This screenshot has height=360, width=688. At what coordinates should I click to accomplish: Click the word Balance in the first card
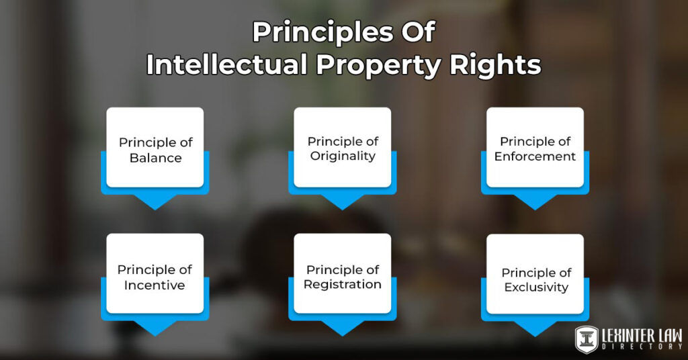155,159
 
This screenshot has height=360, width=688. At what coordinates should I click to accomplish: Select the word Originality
343,156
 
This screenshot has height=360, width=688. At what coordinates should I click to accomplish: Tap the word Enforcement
535,156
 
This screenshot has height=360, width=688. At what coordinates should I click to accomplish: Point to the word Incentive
155,285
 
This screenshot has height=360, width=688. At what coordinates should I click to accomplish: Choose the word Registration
343,284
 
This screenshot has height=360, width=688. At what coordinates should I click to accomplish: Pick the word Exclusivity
535,287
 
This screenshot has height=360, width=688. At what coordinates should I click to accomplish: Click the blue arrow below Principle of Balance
155,200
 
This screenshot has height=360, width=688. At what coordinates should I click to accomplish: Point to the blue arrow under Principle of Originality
343,200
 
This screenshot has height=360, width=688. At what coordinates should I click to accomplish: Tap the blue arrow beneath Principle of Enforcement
535,200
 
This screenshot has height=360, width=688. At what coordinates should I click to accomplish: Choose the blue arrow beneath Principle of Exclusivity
535,327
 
